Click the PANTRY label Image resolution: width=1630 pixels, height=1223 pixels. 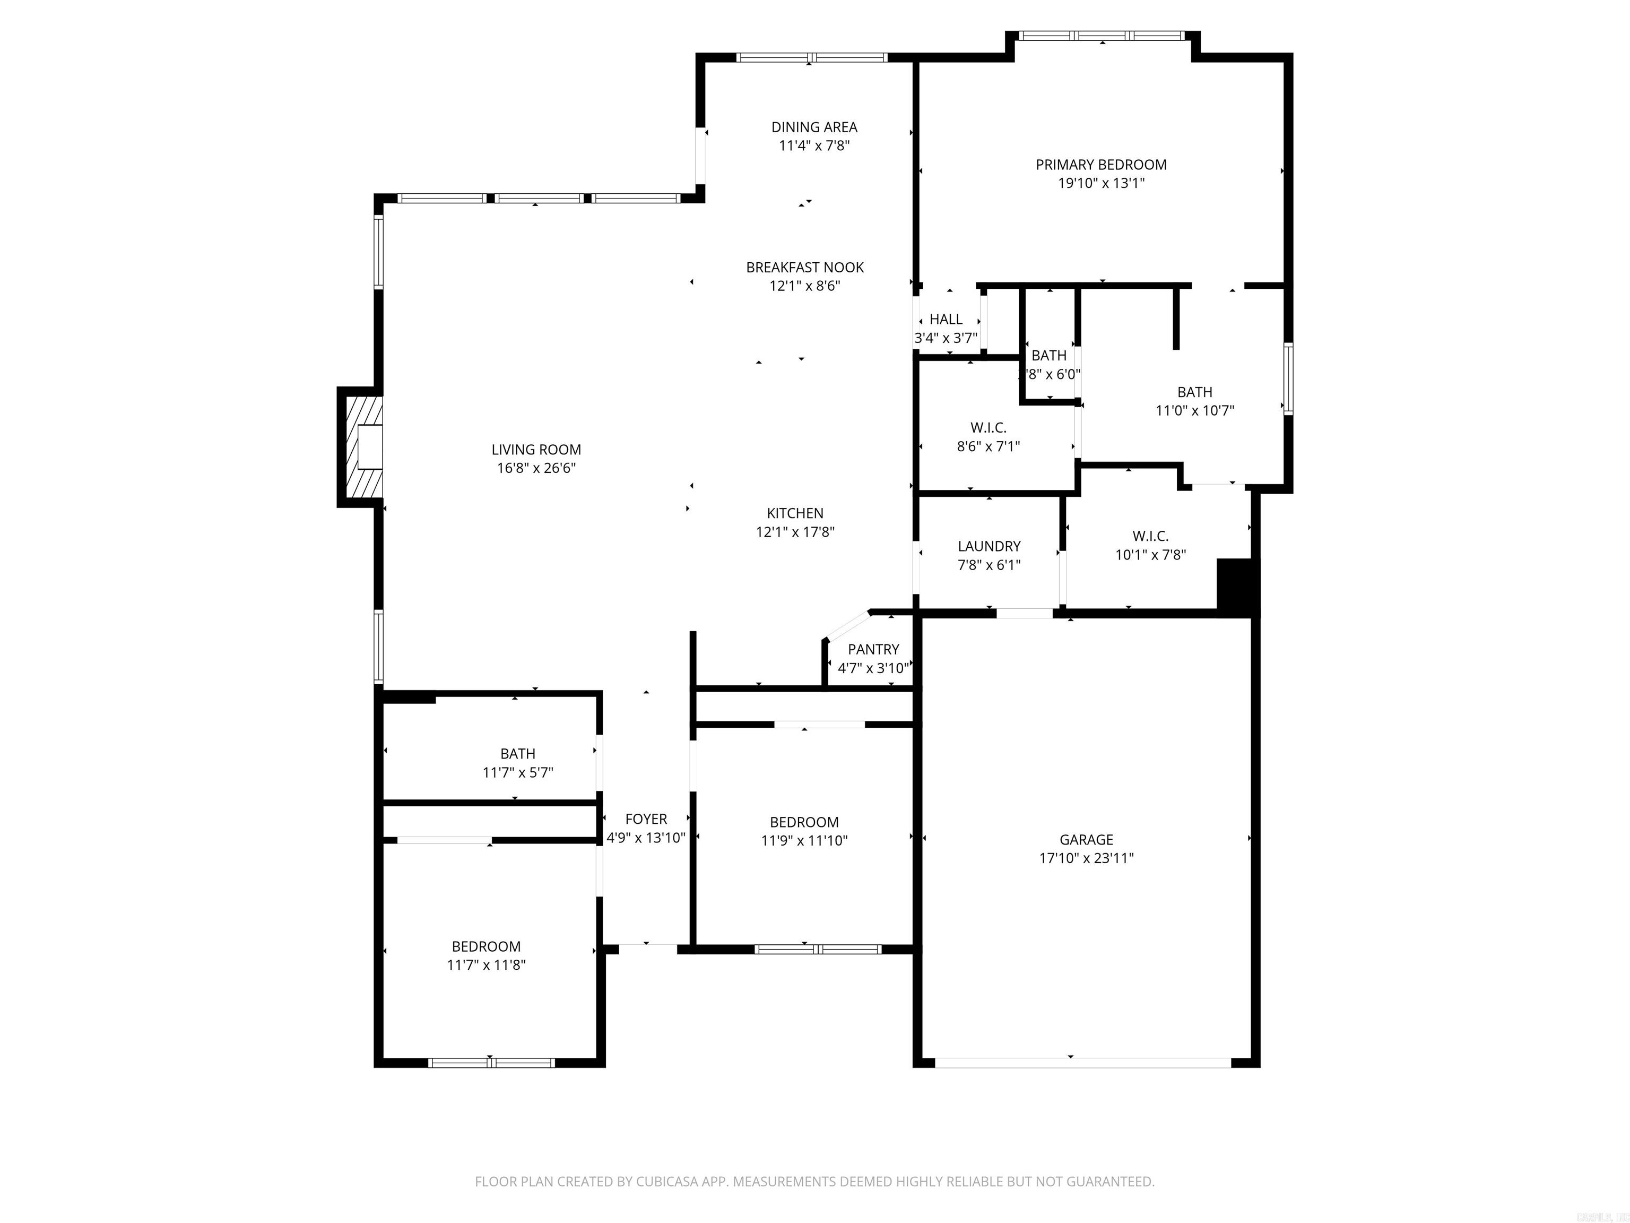[x=873, y=650]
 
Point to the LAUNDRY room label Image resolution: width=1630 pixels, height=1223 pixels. [x=989, y=546]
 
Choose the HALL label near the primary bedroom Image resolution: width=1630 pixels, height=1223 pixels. [x=946, y=319]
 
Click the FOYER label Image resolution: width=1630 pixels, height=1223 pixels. [x=646, y=819]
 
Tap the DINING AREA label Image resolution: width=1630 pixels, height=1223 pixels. [x=814, y=127]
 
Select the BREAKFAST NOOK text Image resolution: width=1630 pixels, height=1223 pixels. [x=805, y=268]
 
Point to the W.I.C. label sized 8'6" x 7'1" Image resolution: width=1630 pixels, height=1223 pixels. [x=988, y=427]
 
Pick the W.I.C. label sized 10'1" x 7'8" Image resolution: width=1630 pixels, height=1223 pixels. [x=1150, y=537]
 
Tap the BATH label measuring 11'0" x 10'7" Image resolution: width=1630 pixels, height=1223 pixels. [x=1194, y=392]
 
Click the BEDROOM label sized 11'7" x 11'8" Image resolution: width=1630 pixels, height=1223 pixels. [x=487, y=946]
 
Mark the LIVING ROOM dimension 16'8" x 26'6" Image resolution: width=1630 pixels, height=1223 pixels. [x=536, y=468]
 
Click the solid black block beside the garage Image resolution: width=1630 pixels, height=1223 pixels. [x=1237, y=586]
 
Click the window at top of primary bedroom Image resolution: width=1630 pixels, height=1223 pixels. [x=1102, y=36]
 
